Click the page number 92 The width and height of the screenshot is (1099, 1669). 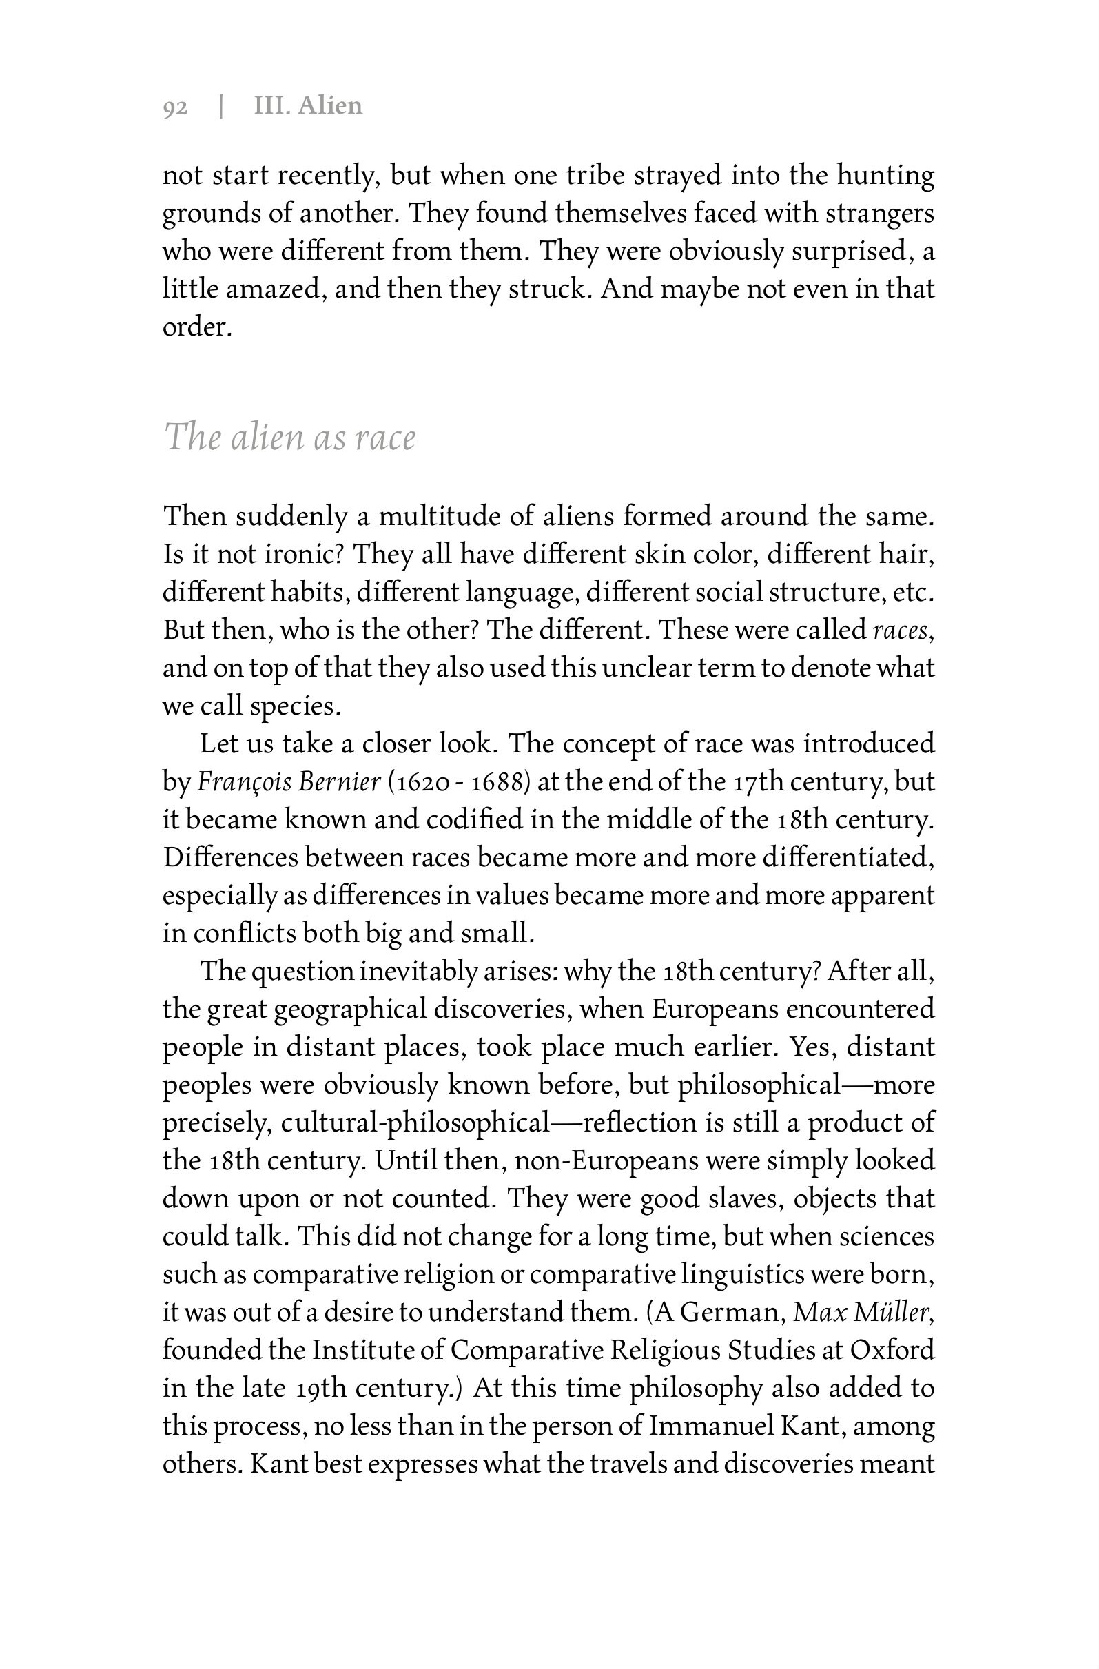point(175,107)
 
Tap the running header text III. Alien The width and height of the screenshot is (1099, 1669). point(308,106)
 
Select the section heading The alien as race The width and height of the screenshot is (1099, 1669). point(289,437)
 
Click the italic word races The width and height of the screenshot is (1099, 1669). point(901,631)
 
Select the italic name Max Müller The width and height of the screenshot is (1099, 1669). point(861,1312)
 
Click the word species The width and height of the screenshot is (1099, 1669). point(296,706)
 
